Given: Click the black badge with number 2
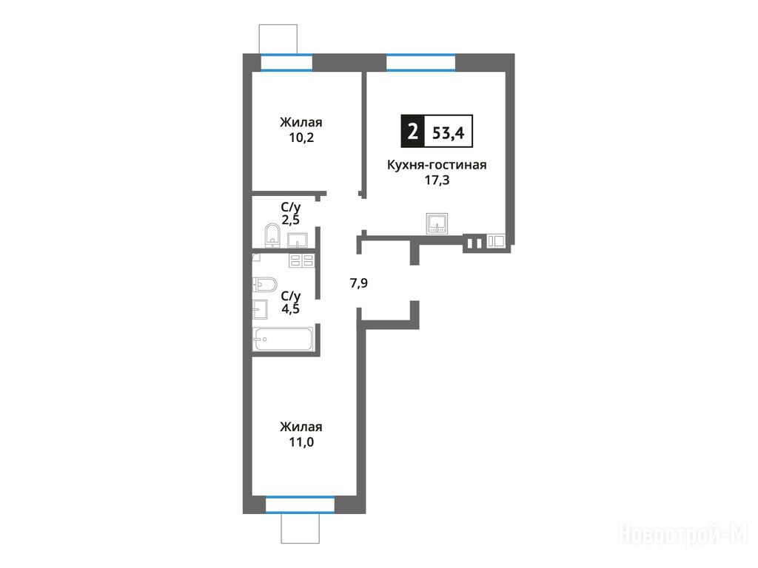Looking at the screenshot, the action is pyautogui.click(x=412, y=132).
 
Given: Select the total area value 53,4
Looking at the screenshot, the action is pyautogui.click(x=448, y=132).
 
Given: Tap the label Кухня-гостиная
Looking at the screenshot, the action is pyautogui.click(x=437, y=165).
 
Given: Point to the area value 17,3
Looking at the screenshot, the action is pyautogui.click(x=437, y=180).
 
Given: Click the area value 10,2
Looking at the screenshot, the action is pyautogui.click(x=301, y=138).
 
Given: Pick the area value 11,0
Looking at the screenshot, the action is pyautogui.click(x=301, y=442).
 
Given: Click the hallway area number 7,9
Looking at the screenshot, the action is pyautogui.click(x=359, y=283).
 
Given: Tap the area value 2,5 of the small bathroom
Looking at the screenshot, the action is pyautogui.click(x=290, y=220).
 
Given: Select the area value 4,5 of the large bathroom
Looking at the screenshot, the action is pyautogui.click(x=290, y=308).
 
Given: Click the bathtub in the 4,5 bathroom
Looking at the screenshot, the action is pyautogui.click(x=284, y=339).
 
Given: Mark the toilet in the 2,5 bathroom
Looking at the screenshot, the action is pyautogui.click(x=272, y=235).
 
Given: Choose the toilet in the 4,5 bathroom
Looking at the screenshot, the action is pyautogui.click(x=265, y=285).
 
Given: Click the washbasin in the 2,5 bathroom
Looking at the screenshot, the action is pyautogui.click(x=298, y=240).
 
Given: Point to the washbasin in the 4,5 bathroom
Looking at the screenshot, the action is pyautogui.click(x=260, y=309).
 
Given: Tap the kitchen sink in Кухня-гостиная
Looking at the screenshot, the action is pyautogui.click(x=437, y=223).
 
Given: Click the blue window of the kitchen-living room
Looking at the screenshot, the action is pyautogui.click(x=420, y=63).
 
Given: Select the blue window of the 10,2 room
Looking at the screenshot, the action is pyautogui.click(x=286, y=63).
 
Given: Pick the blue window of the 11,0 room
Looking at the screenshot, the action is pyautogui.click(x=301, y=504).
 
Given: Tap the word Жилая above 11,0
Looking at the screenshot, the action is pyautogui.click(x=301, y=427).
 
